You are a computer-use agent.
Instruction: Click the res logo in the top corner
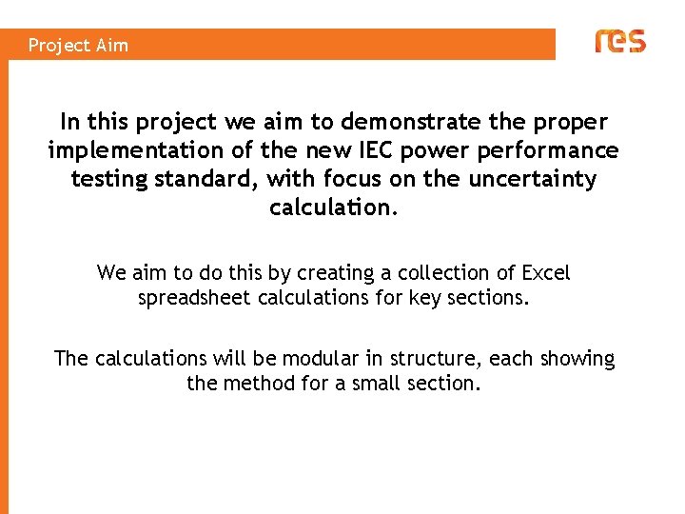pos(619,41)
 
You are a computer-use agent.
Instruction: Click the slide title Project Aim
pos(78,45)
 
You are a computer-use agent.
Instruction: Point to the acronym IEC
pos(379,150)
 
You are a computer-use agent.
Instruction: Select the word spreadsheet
pos(196,298)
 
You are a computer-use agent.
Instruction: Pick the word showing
pos(577,359)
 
